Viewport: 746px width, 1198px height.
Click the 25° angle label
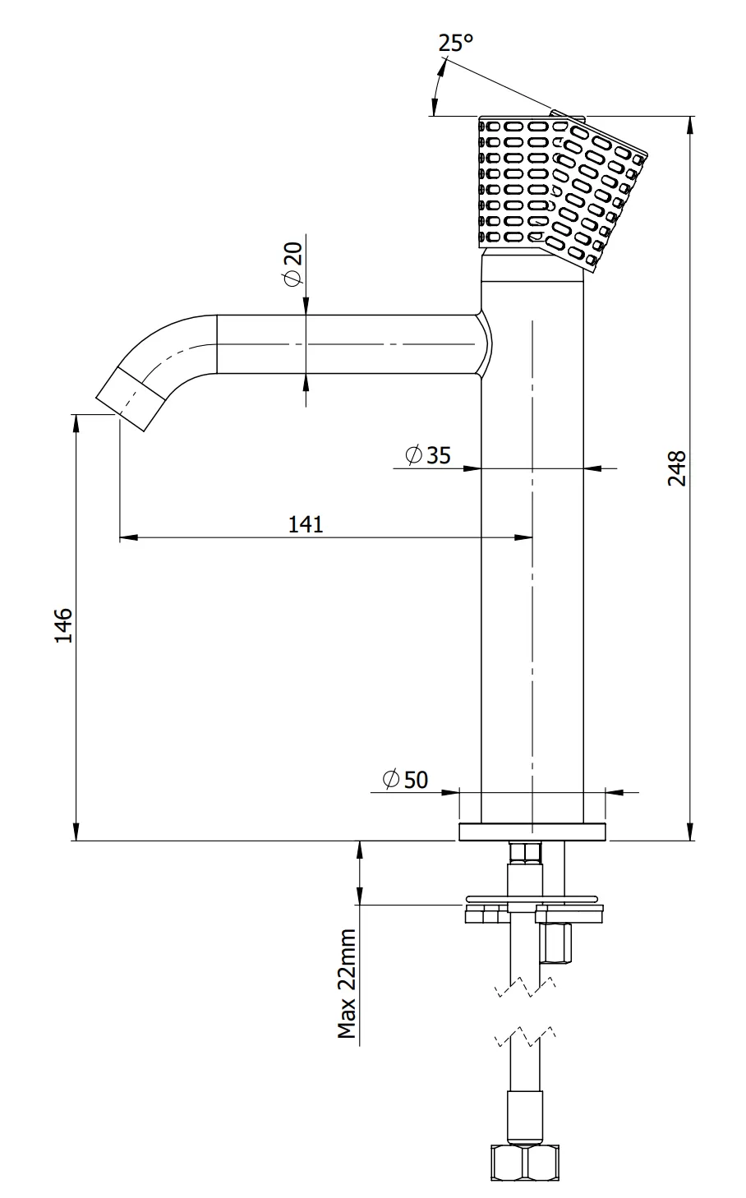455,43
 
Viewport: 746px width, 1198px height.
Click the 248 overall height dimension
675,468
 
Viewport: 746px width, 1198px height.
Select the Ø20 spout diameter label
293,267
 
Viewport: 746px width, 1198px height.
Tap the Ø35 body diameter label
428,454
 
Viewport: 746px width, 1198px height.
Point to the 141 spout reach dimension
306,524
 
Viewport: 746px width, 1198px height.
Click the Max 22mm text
348,984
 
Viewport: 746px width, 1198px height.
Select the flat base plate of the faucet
532,832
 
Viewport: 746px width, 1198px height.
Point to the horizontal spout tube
345,344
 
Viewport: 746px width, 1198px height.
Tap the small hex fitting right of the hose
555,942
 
